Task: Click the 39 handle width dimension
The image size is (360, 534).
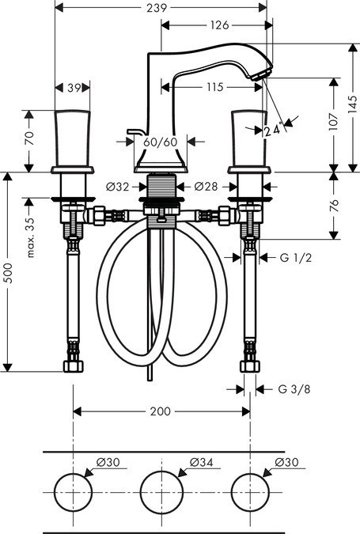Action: (72, 88)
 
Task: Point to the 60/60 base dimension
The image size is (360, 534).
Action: (161, 142)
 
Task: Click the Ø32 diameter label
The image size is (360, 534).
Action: (117, 187)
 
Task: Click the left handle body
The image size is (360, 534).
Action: (72, 138)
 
